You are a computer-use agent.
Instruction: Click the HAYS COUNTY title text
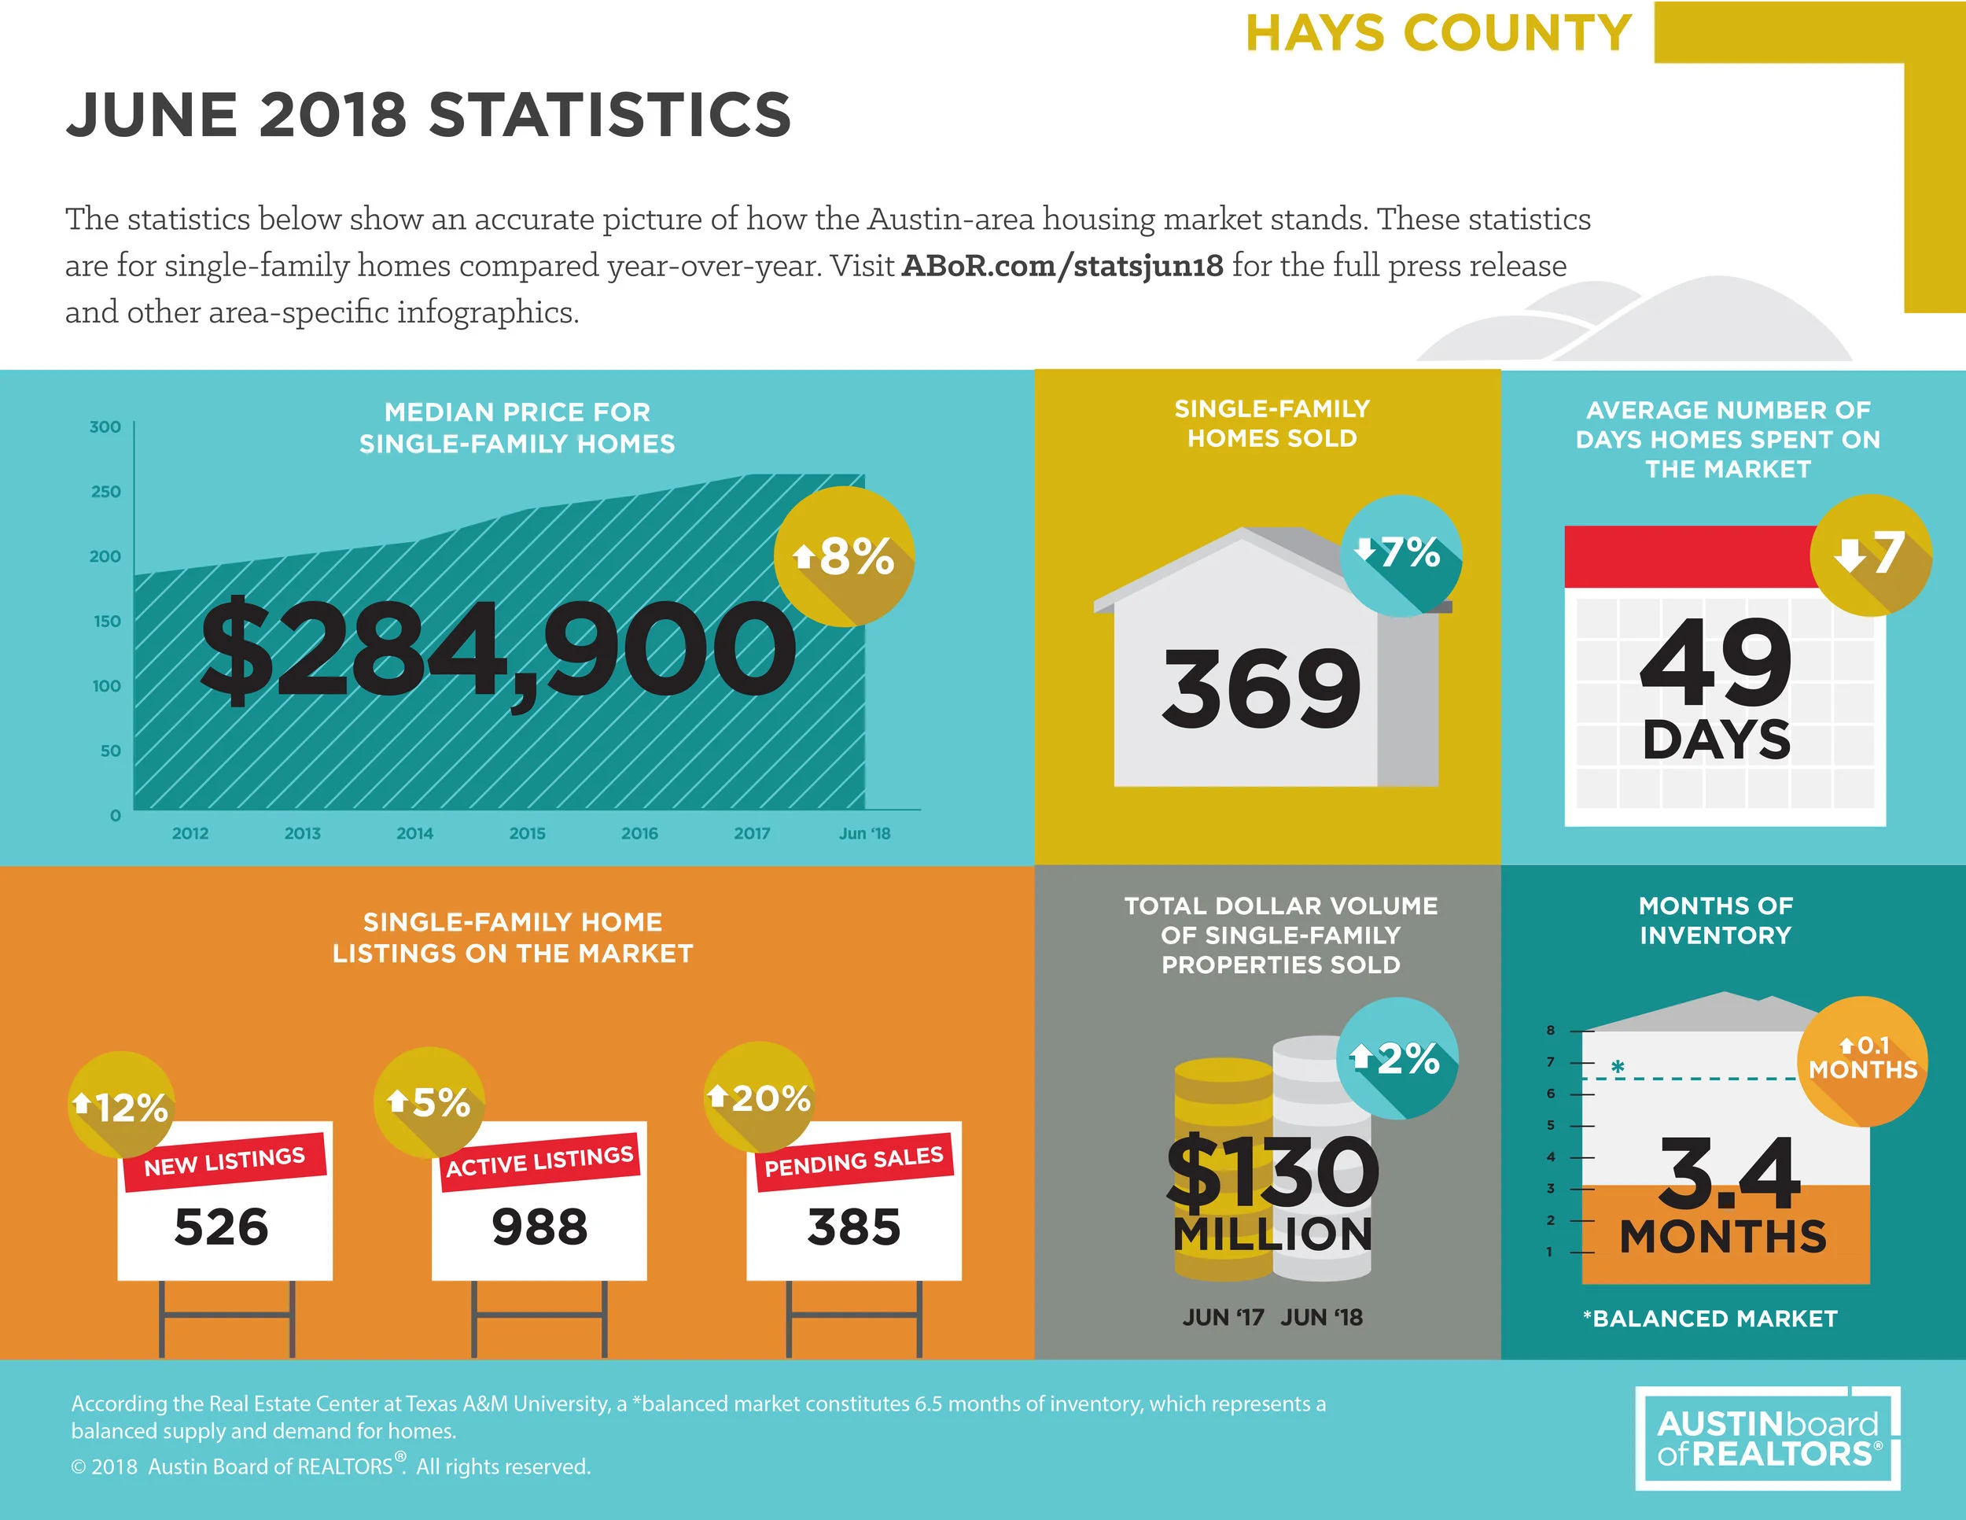[x=1438, y=33]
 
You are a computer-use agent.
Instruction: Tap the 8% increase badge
[x=844, y=555]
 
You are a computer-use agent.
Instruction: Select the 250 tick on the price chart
[x=105, y=492]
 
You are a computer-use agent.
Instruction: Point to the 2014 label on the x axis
[x=414, y=834]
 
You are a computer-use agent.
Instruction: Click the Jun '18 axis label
[x=864, y=834]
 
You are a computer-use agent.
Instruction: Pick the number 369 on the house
[x=1261, y=690]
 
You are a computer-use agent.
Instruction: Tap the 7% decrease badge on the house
[x=1400, y=554]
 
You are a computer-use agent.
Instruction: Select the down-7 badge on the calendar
[x=1871, y=554]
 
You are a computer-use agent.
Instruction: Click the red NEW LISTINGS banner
[x=224, y=1161]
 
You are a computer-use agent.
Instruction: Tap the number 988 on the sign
[x=539, y=1227]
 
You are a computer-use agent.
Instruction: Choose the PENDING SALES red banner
[x=853, y=1161]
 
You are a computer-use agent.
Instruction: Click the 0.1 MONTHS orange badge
[x=1861, y=1060]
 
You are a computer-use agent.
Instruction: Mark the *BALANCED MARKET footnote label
[x=1710, y=1319]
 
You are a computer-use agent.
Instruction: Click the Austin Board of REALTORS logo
[x=1767, y=1438]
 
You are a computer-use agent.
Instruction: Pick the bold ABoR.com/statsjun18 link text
[x=1062, y=266]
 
